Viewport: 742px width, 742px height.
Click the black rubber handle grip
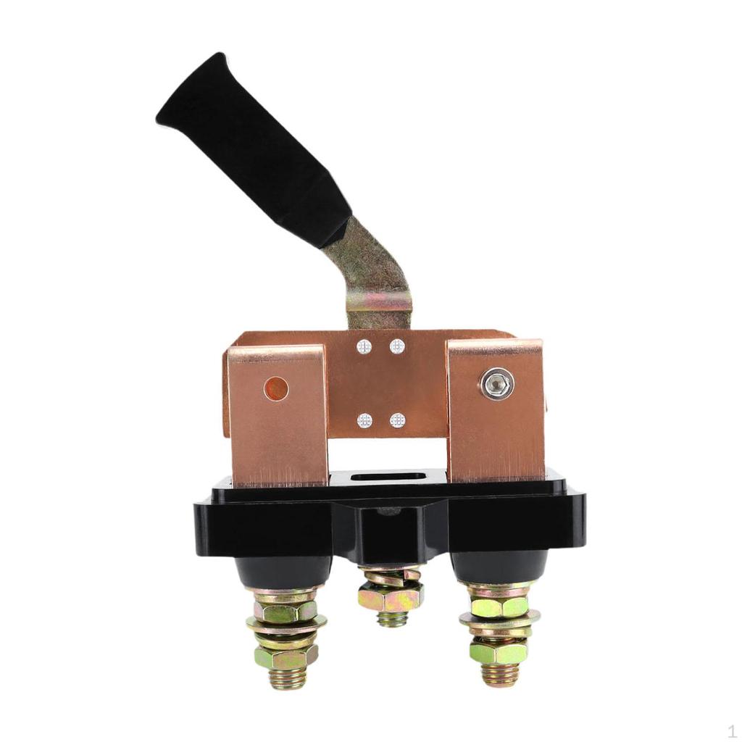click(250, 149)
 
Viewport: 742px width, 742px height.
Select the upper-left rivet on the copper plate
click(364, 347)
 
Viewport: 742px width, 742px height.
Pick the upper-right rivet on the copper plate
click(397, 346)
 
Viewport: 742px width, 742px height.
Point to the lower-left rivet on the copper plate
click(364, 420)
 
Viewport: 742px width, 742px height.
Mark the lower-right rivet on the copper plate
click(397, 420)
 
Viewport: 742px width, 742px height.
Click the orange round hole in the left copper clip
click(276, 389)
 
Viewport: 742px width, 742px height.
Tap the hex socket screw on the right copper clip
click(497, 384)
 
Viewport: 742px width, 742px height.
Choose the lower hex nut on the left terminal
click(285, 656)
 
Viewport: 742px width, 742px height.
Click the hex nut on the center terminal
click(390, 599)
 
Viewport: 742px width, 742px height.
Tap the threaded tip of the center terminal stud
click(391, 620)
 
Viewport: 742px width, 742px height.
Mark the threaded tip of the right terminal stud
click(499, 675)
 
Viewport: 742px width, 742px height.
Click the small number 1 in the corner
click(732, 731)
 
